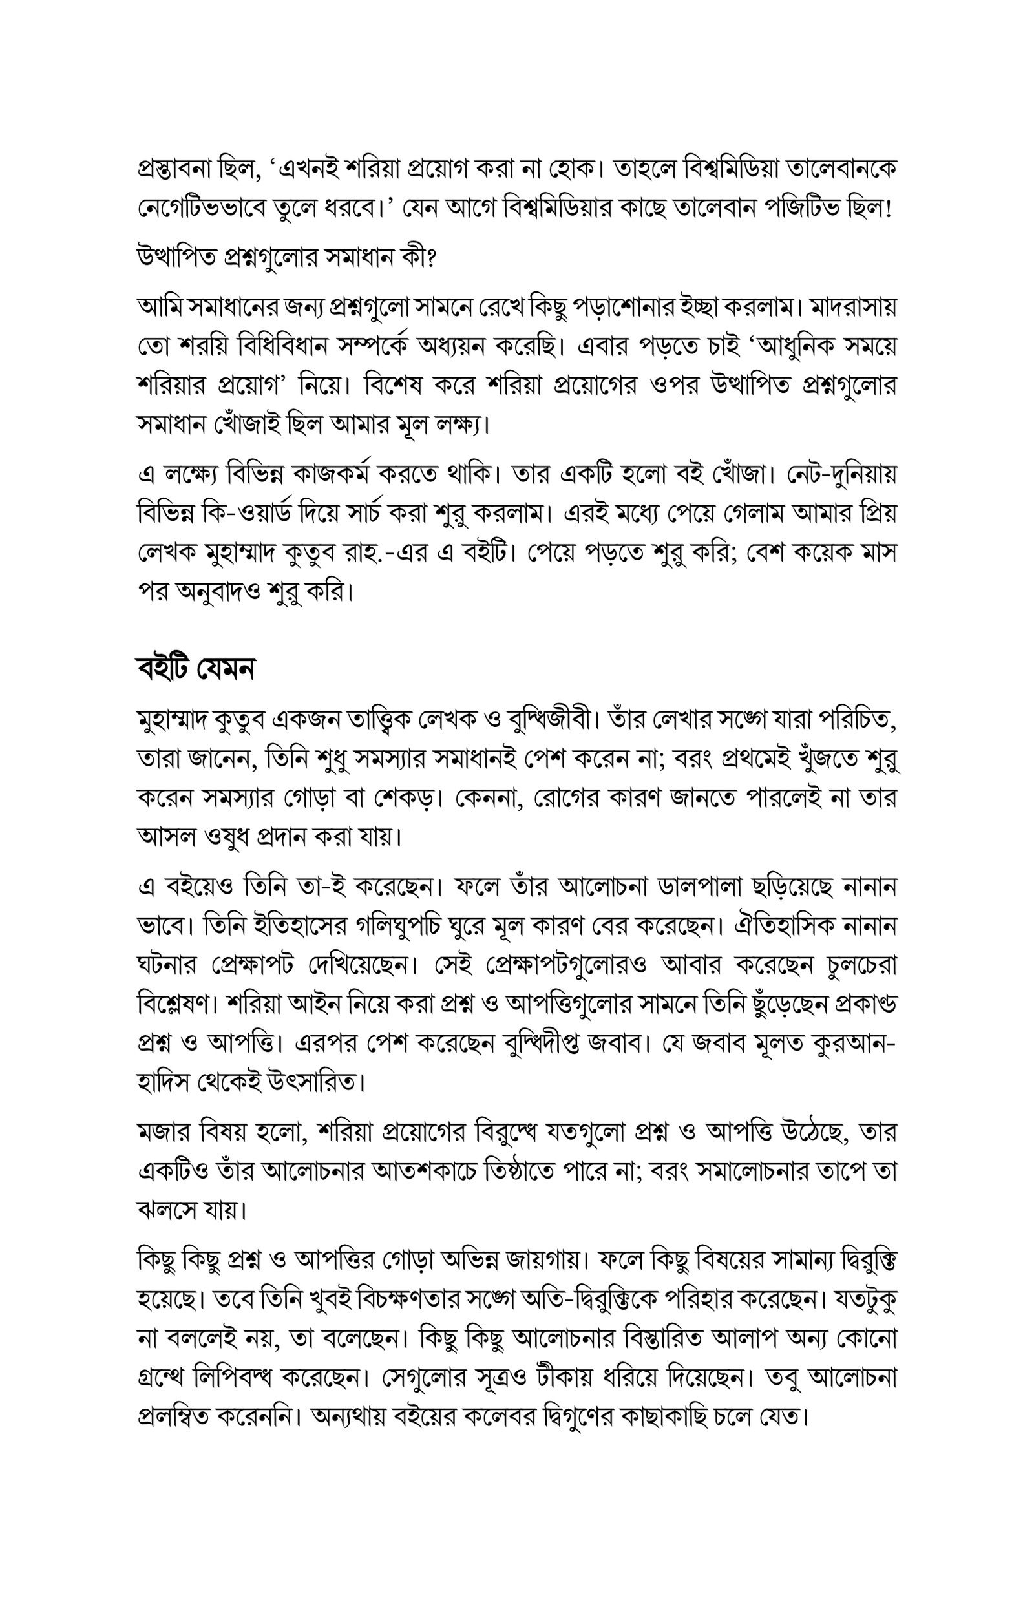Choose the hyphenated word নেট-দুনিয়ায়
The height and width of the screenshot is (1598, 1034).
pos(840,474)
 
